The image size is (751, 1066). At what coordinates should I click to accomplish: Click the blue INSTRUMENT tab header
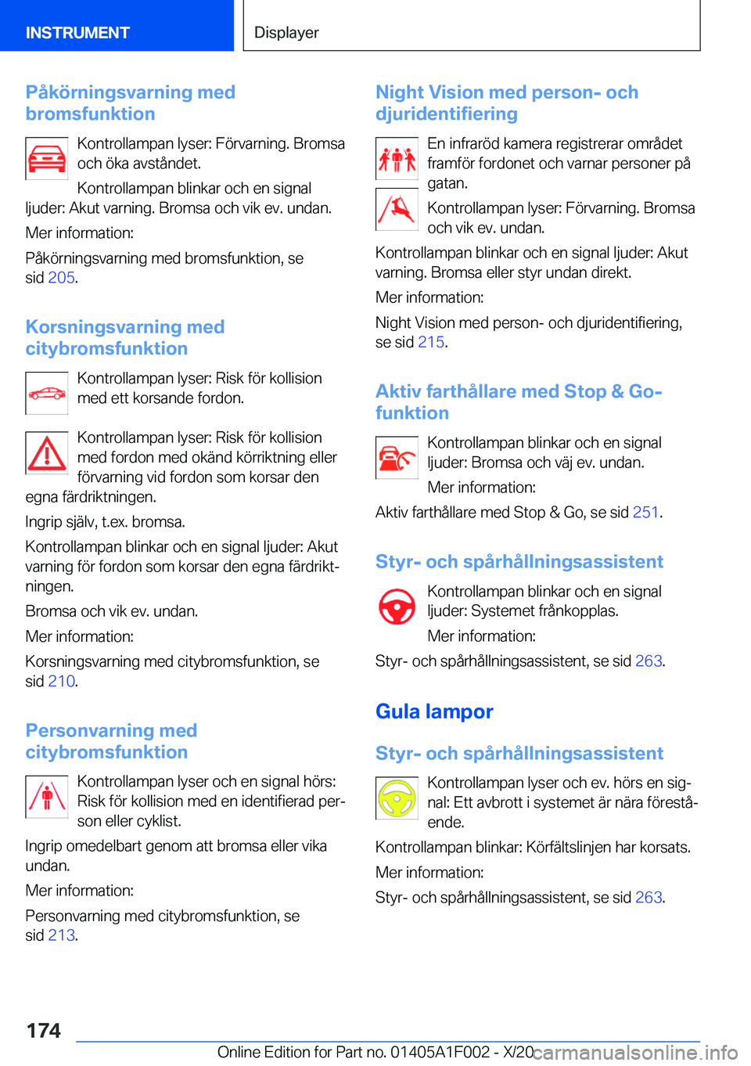point(77,32)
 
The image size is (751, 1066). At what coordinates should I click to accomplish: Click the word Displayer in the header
point(286,33)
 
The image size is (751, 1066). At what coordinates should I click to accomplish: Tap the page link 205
point(61,278)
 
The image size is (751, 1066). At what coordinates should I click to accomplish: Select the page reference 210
point(61,681)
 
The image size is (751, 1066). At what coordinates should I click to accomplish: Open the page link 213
point(61,935)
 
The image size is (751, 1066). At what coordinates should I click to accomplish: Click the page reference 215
point(431,342)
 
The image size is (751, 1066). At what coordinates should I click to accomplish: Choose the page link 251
point(645,513)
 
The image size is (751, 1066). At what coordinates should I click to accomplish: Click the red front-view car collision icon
point(47,159)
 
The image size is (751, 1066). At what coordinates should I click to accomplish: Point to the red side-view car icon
point(47,394)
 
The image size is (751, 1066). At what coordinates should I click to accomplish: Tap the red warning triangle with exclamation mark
point(47,453)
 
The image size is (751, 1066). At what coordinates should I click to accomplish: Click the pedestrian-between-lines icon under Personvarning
point(47,797)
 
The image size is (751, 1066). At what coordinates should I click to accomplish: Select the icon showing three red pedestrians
point(397,159)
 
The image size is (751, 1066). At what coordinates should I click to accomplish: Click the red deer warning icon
point(397,210)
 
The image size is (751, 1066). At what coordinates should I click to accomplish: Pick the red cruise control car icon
point(397,458)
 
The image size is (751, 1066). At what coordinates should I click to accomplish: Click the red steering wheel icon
point(397,607)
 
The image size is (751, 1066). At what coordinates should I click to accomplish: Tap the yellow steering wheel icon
point(397,798)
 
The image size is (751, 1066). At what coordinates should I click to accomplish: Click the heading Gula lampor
point(434,711)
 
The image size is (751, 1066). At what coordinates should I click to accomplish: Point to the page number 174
point(44,1031)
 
